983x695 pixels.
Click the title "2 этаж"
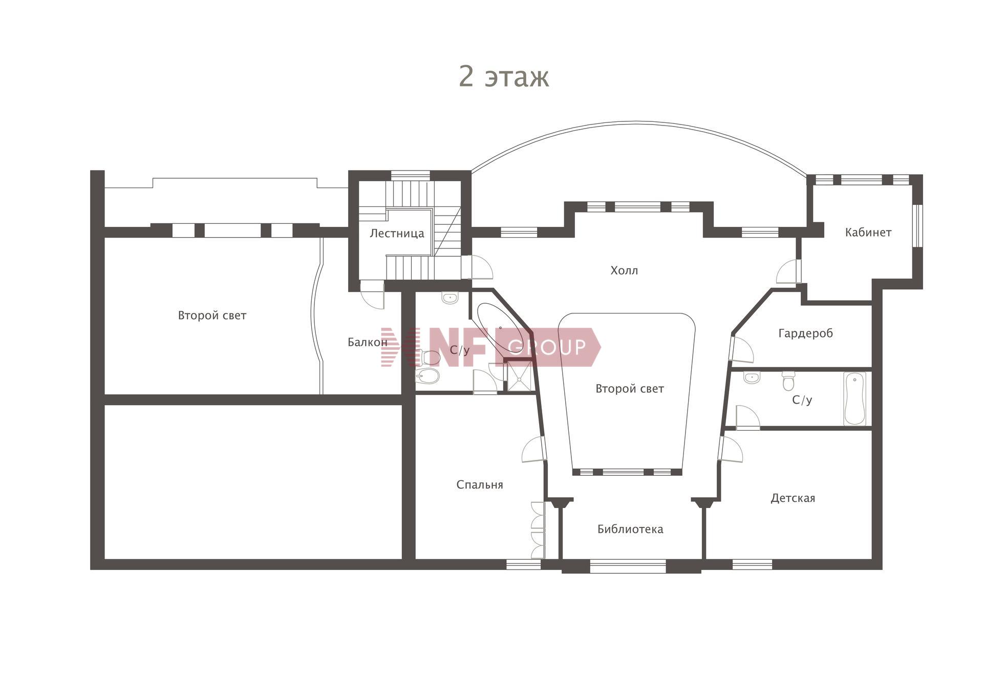coord(504,77)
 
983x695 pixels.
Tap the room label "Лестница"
coord(397,234)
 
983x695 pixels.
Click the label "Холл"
coord(624,270)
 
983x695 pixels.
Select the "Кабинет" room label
coord(868,233)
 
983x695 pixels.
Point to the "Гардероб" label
coord(805,333)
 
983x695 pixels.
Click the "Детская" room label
coord(793,498)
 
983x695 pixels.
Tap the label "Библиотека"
coord(630,529)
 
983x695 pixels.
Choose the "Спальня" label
coord(480,485)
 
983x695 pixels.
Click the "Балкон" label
coord(367,342)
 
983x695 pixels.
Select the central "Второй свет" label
coord(630,389)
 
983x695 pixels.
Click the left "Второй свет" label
coord(212,315)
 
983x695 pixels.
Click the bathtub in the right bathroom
coord(854,399)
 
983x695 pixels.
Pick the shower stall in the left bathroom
coord(519,376)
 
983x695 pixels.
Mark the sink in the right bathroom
coord(752,378)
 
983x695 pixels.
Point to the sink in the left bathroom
coord(450,298)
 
